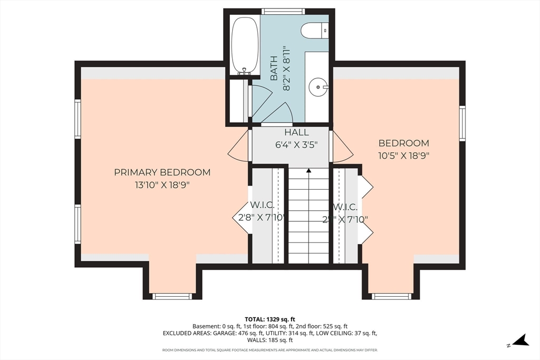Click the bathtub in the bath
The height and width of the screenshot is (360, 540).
pyautogui.click(x=245, y=44)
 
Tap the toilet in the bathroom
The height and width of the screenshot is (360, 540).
pyautogui.click(x=315, y=30)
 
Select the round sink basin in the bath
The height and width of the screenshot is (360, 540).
pyautogui.click(x=318, y=85)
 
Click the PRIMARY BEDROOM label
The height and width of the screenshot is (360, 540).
pyautogui.click(x=162, y=172)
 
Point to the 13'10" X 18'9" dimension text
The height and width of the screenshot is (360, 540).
pyautogui.click(x=162, y=185)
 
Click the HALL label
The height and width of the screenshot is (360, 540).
pyautogui.click(x=296, y=133)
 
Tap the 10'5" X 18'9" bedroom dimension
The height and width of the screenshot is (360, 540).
pyautogui.click(x=404, y=155)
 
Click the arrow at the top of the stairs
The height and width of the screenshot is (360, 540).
pyautogui.click(x=309, y=171)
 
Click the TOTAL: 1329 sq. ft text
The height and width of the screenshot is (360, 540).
pyautogui.click(x=269, y=319)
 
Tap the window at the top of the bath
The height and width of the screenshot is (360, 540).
pyautogui.click(x=283, y=11)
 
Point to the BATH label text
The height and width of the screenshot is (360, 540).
pyautogui.click(x=274, y=70)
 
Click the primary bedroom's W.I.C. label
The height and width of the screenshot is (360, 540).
pyautogui.click(x=262, y=205)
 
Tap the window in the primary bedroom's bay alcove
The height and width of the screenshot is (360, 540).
pyautogui.click(x=172, y=296)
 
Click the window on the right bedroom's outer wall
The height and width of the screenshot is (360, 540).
pyautogui.click(x=462, y=123)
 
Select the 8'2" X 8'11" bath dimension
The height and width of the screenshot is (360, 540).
pyautogui.click(x=287, y=69)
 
